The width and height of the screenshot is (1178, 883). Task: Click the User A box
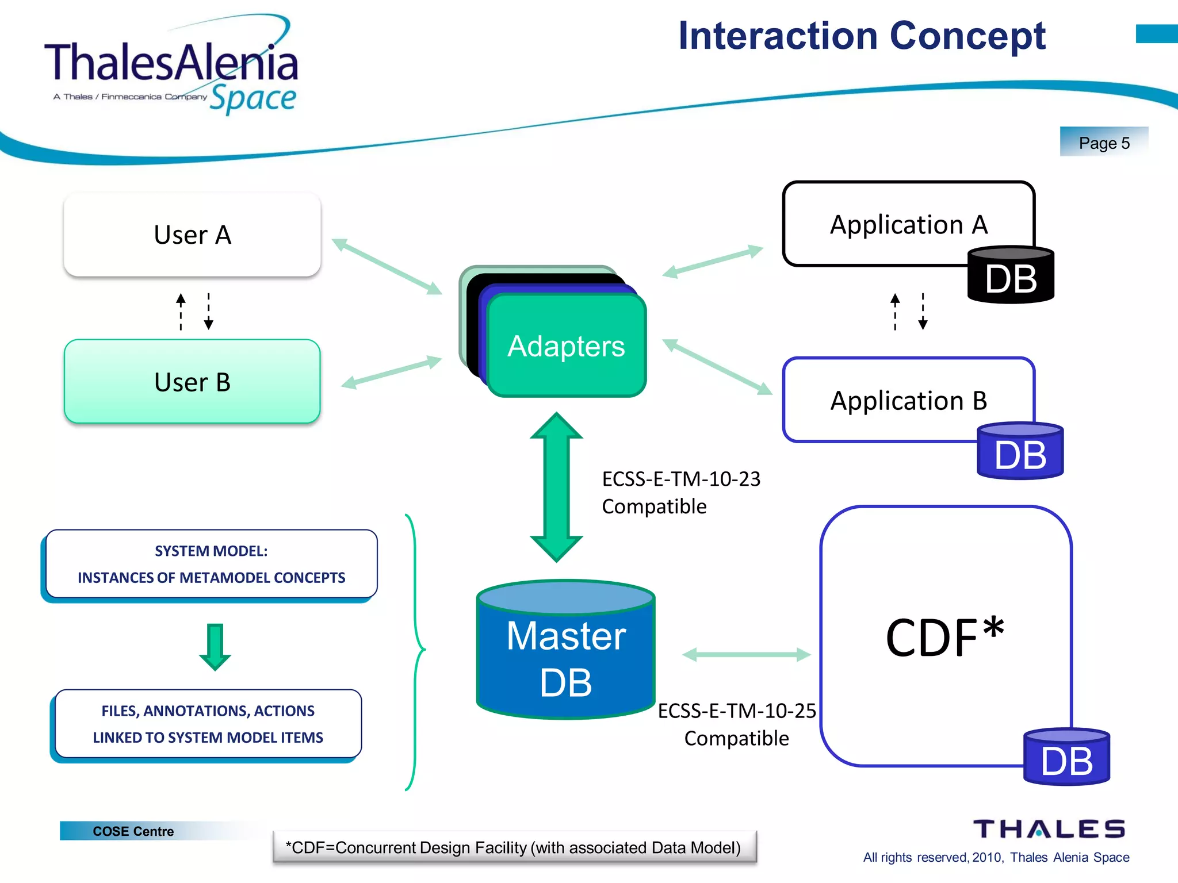point(192,235)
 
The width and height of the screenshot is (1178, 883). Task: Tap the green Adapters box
point(567,346)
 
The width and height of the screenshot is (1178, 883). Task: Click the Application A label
point(908,224)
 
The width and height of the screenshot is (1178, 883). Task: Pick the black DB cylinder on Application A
point(1011,276)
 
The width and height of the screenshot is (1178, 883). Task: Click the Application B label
point(908,400)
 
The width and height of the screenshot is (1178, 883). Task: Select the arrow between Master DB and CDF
point(746,655)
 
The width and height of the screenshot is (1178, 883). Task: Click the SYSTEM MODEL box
point(211,564)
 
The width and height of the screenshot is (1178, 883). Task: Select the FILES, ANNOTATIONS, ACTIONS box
point(208,724)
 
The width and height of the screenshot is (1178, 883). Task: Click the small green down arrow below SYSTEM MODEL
point(215,647)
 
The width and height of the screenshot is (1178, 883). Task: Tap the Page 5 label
point(1104,143)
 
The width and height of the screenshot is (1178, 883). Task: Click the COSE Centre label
point(133,831)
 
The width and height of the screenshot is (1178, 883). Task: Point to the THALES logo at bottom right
point(1049,830)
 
